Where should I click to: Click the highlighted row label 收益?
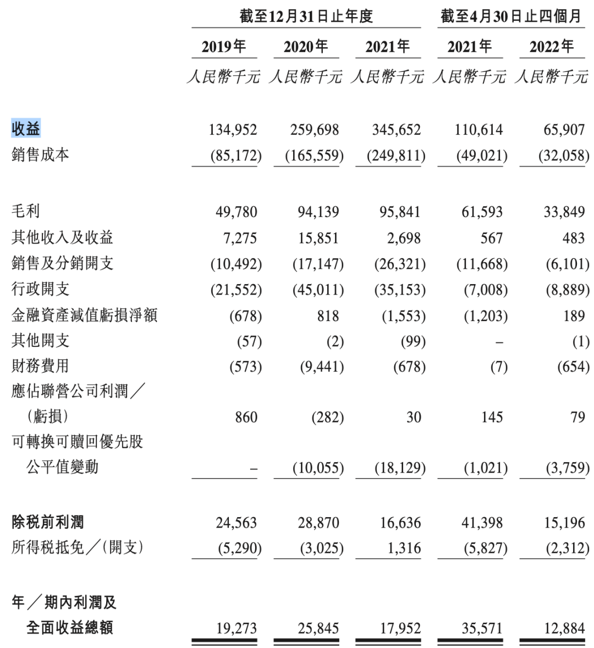pos(26,129)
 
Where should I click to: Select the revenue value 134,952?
pos(233,130)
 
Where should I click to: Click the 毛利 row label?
pos(26,211)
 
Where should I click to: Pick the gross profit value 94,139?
pos(318,212)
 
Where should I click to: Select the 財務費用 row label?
pos(40,366)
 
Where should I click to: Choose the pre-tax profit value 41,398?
pos(482,523)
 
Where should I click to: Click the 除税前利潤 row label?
pos(47,522)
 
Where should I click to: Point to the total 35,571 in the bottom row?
pos(482,628)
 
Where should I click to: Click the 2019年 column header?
pos(224,47)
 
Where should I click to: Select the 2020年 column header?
pos(306,47)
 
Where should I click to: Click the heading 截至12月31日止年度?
pos(306,16)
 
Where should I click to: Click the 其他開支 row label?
pos(40,341)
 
